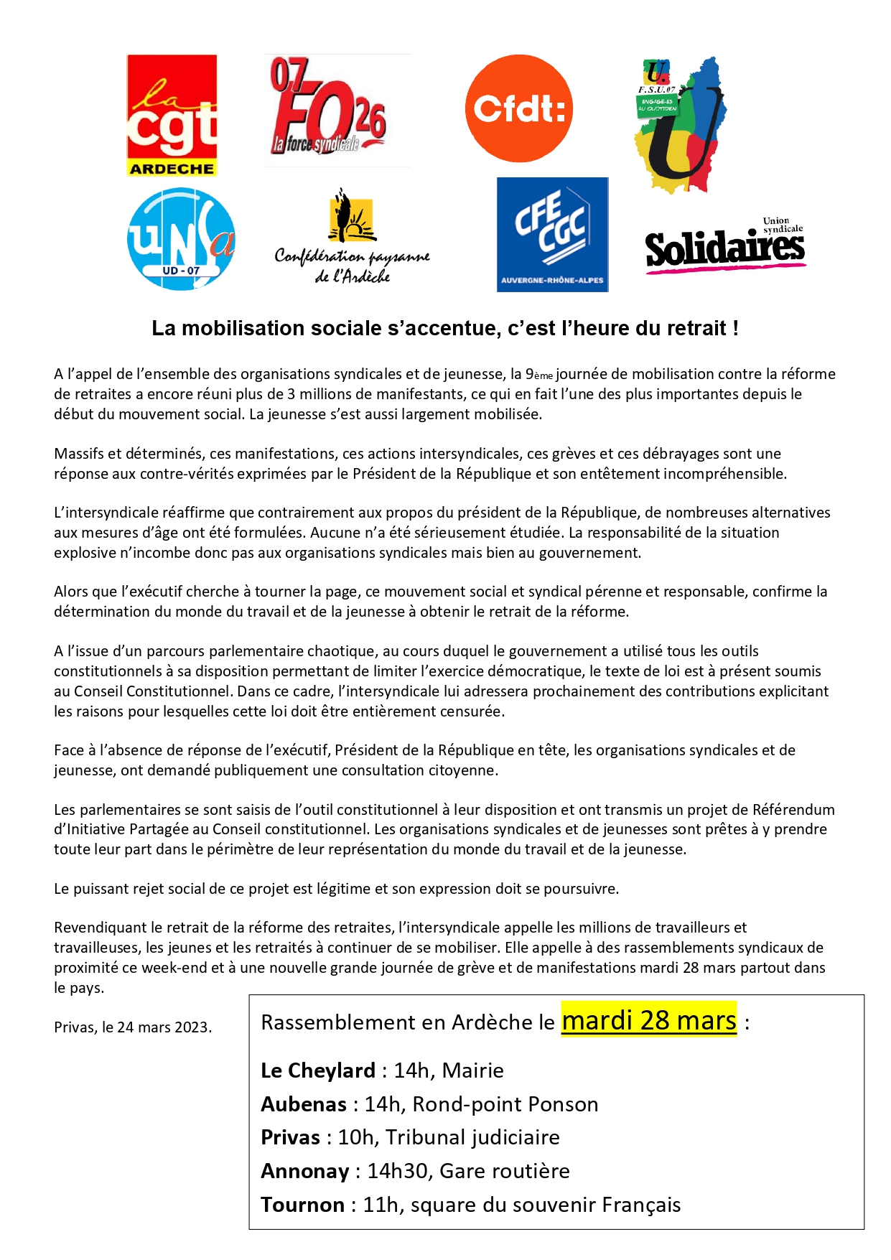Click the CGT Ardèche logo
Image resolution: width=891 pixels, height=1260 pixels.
[172, 115]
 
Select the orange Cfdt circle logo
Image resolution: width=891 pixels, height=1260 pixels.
[519, 108]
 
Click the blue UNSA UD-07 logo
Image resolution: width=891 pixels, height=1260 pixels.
[181, 239]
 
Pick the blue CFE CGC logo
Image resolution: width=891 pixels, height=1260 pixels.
[552, 235]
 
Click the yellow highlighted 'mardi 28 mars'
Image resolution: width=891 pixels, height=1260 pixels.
[649, 1020]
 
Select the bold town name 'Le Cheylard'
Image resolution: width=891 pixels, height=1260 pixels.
[318, 1070]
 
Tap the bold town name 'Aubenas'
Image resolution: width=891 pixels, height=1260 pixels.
[304, 1104]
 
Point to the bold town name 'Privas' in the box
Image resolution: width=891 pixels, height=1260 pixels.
[291, 1137]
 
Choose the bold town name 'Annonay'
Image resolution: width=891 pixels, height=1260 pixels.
[305, 1171]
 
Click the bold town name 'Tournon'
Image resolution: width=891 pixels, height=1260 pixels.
[303, 1205]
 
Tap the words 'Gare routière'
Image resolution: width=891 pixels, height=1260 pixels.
[505, 1171]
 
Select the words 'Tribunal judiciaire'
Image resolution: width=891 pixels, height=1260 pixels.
[472, 1137]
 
